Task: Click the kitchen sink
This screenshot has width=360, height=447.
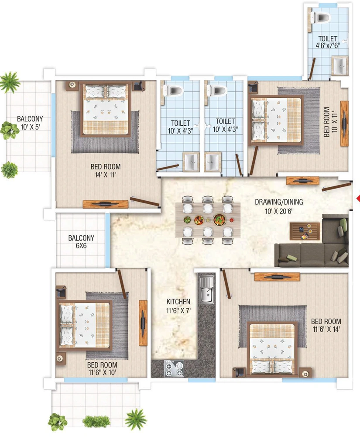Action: (206, 289)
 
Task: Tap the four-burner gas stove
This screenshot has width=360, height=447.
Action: (174, 368)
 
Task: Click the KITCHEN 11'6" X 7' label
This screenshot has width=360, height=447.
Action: (178, 306)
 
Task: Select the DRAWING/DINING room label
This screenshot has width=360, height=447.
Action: (279, 202)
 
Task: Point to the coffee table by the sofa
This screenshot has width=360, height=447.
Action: (305, 231)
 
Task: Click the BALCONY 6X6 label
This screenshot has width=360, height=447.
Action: (81, 241)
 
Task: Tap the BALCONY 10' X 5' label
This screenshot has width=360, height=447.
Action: (30, 123)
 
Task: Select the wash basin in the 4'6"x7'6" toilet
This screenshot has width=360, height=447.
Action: (339, 66)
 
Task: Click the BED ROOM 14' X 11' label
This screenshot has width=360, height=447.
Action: (106, 171)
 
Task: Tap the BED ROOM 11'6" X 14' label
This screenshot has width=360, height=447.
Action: (326, 325)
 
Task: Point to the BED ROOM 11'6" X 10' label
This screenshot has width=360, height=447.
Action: (102, 368)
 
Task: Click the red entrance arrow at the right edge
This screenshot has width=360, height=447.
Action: (358, 199)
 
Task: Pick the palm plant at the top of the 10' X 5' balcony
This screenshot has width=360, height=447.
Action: (10, 82)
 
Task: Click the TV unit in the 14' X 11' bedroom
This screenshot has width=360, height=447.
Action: (106, 204)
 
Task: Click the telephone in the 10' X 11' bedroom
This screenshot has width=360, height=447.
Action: (253, 86)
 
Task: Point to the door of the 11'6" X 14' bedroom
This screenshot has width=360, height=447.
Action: (226, 284)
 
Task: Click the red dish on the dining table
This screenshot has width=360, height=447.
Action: (231, 220)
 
